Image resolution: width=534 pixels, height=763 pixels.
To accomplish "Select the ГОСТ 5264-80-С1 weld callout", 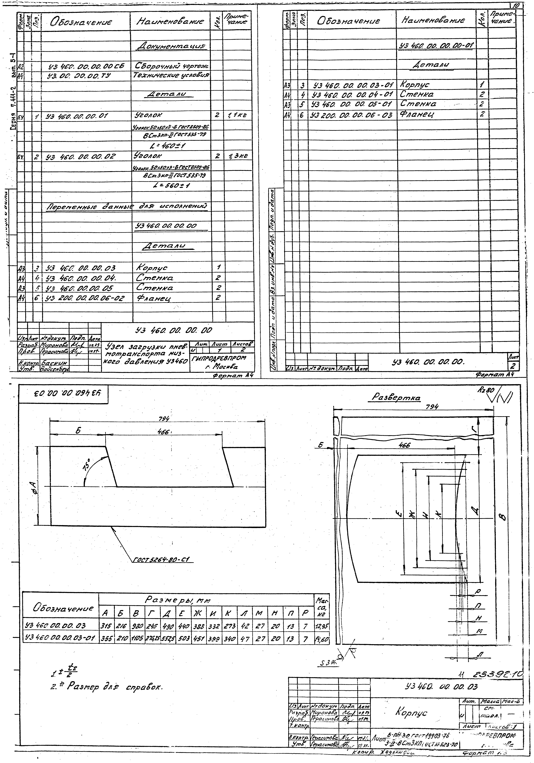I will (x=163, y=559).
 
